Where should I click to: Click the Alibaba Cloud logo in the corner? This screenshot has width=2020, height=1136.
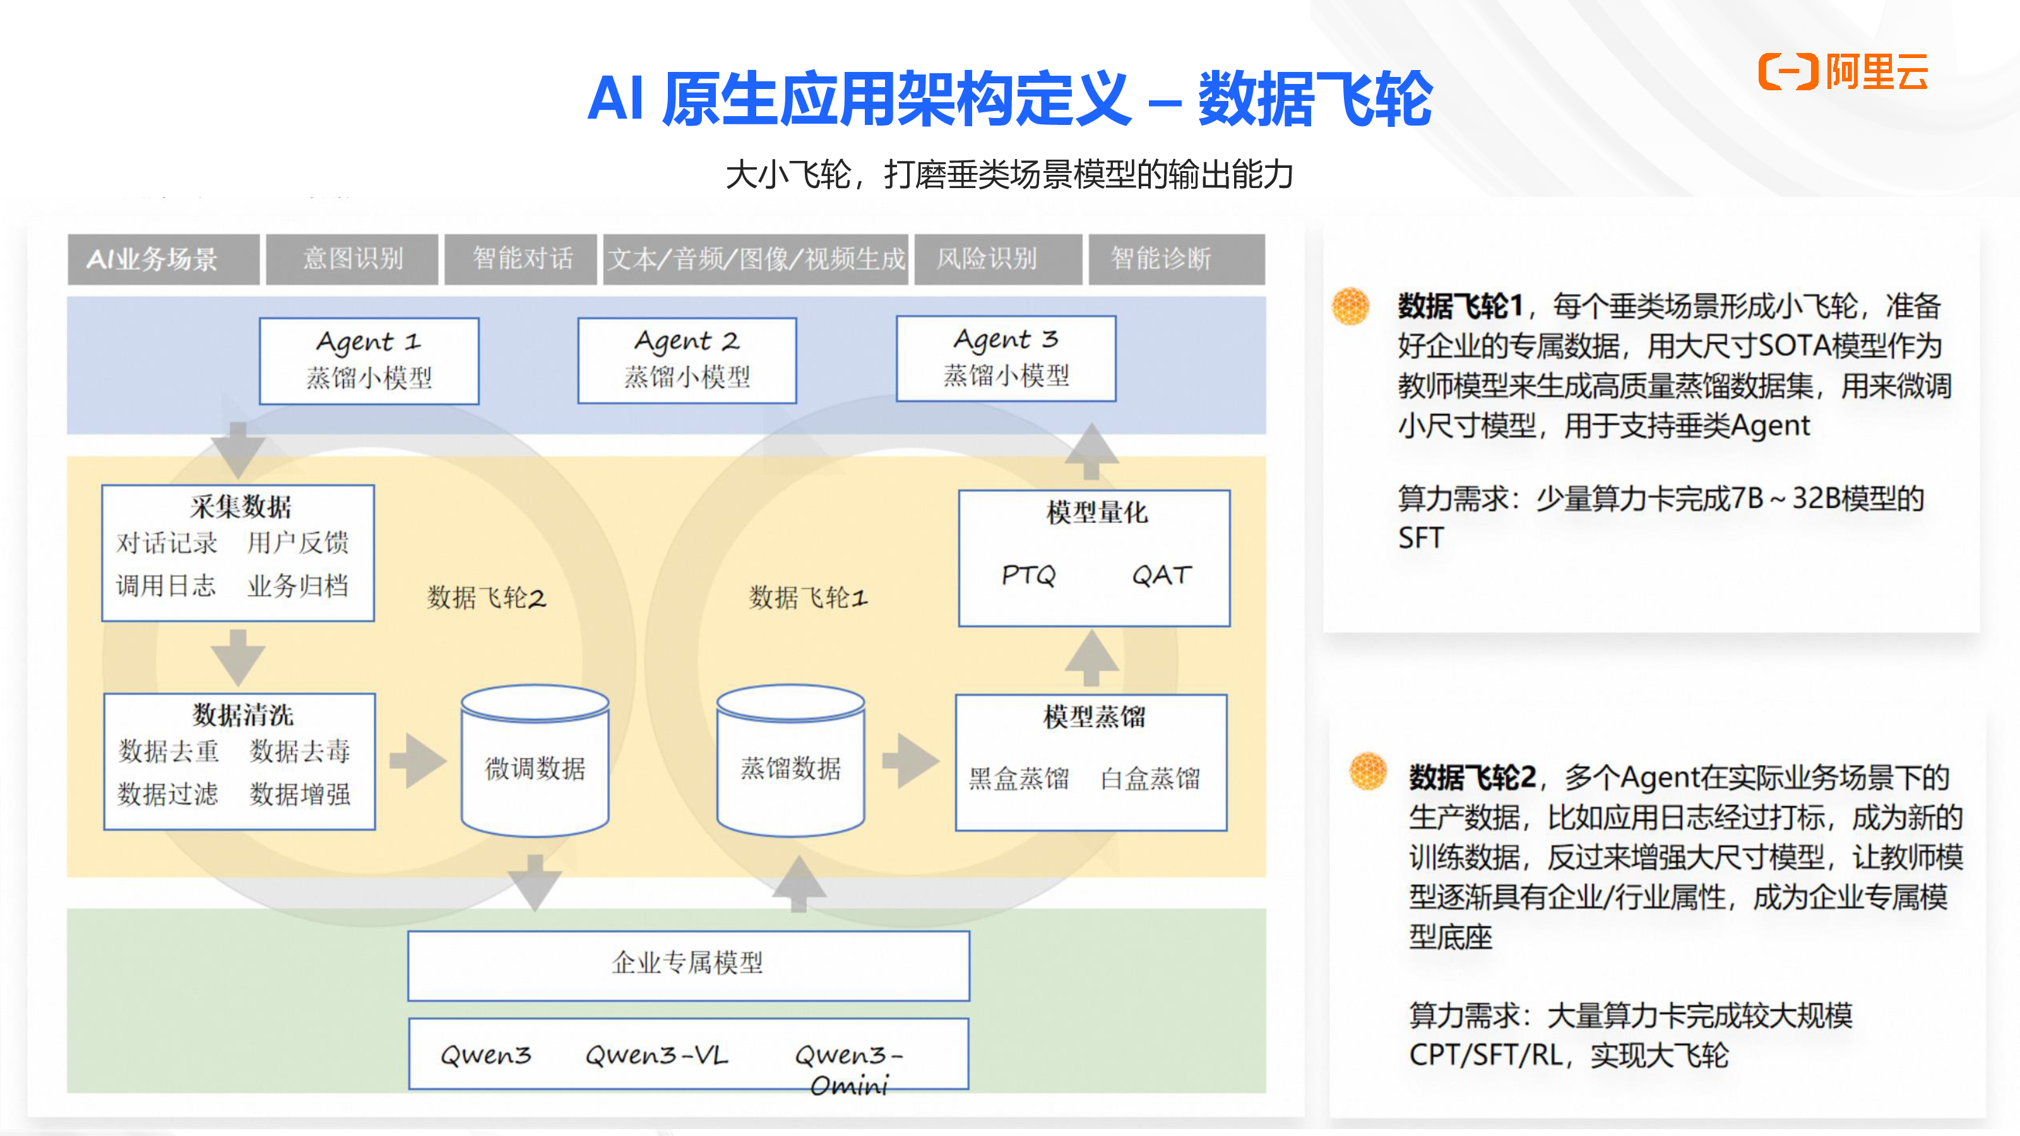[x=1842, y=71]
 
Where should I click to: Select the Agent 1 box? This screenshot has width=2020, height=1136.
[x=369, y=360]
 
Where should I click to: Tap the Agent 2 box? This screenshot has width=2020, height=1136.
[x=687, y=360]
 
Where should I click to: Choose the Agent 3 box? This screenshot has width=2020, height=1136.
[x=1006, y=358]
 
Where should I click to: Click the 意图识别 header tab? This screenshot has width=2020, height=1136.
[x=352, y=259]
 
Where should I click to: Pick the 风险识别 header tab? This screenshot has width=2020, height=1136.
[x=987, y=259]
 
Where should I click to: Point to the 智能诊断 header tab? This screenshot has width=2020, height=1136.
[x=1161, y=259]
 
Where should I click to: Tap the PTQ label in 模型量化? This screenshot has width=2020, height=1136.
[x=1028, y=576]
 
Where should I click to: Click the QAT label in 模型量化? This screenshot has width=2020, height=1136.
[x=1161, y=576]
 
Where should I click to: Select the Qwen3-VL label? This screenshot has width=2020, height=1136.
[x=656, y=1055]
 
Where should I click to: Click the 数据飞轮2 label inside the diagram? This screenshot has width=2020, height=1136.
[x=486, y=598]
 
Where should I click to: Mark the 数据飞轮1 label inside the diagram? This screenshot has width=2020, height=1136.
[x=809, y=598]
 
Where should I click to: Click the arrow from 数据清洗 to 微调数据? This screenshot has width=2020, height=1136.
[x=417, y=760]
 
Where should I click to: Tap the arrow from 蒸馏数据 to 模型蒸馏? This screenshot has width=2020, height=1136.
[x=910, y=760]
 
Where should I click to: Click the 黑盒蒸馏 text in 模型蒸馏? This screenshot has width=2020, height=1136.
[x=1019, y=779]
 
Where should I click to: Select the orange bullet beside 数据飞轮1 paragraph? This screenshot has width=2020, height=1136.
[x=1350, y=305]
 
